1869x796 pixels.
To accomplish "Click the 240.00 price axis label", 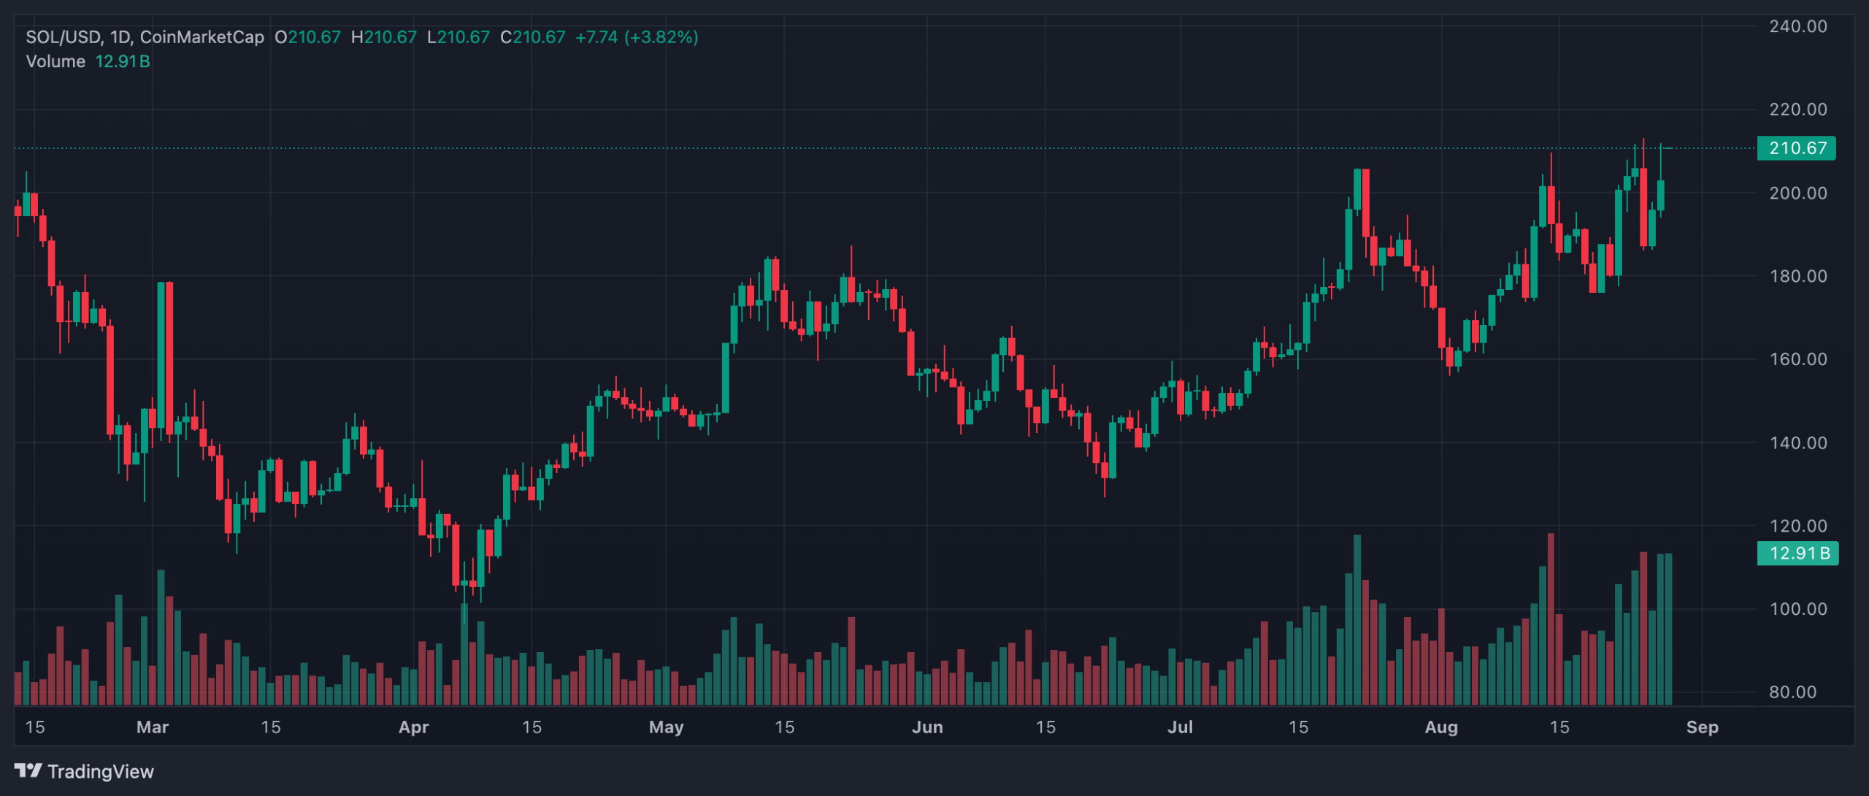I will pos(1797,26).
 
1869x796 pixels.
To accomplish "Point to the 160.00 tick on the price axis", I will pos(1797,359).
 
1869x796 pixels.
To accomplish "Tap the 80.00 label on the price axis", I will pos(1792,692).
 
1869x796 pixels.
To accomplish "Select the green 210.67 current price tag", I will pos(1797,148).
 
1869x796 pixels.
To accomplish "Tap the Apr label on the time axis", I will pos(413,727).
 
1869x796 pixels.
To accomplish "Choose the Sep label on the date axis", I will pos(1702,727).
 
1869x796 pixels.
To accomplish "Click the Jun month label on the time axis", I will pos(927,727).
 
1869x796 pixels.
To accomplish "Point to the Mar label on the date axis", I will pos(153,727).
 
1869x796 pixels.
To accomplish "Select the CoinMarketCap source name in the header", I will pos(202,37).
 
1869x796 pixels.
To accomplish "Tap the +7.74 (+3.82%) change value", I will pos(637,37).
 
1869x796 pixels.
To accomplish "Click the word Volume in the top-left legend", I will pos(55,61).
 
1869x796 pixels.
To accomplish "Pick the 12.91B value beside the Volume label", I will pos(123,61).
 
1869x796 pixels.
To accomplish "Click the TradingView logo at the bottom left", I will pos(84,771).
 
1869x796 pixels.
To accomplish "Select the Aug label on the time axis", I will pos(1441,727).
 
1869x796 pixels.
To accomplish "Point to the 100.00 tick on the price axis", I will pos(1797,609).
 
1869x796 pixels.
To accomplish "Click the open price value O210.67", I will pos(307,37).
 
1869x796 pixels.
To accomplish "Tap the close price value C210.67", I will pos(533,37).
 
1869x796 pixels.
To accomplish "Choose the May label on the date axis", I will pos(666,727).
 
